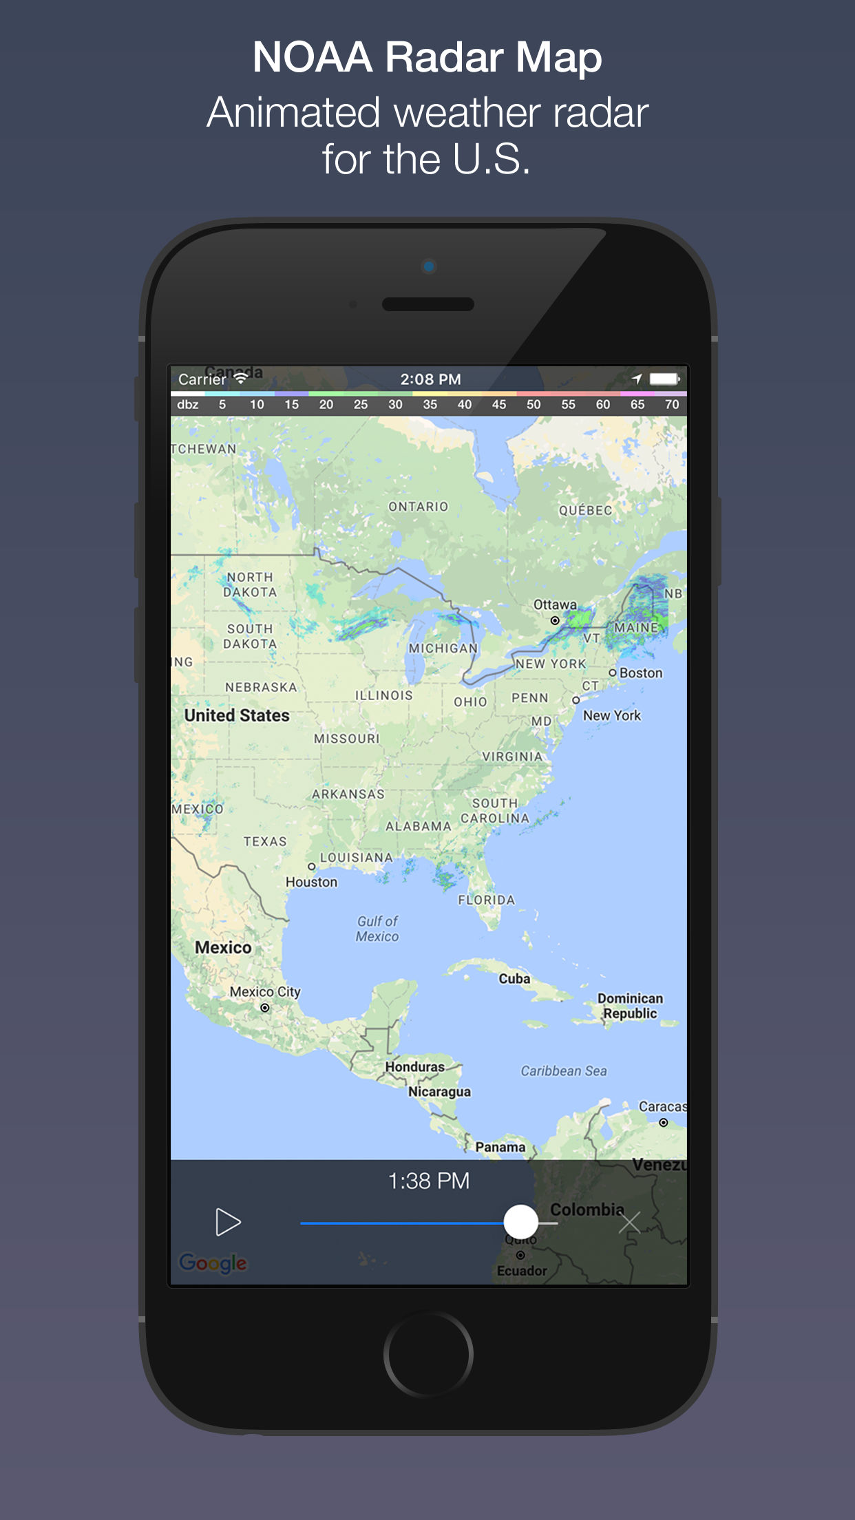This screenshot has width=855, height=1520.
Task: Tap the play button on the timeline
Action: point(228,1222)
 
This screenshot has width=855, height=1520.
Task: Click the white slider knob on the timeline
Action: point(520,1222)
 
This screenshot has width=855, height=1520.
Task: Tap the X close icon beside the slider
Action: point(629,1223)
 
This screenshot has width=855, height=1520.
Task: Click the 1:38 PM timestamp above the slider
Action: point(428,1181)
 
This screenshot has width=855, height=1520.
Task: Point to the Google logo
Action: point(213,1263)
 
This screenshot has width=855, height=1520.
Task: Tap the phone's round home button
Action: point(428,1354)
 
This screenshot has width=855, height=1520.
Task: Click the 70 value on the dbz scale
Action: point(672,405)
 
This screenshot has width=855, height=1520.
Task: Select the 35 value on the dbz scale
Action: point(430,405)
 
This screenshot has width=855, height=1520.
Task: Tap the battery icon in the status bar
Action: point(664,379)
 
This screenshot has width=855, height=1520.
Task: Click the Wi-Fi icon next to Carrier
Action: point(240,378)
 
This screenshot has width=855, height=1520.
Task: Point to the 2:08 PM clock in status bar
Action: point(430,379)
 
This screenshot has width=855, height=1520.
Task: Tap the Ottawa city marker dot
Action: point(555,620)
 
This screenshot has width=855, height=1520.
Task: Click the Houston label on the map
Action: point(312,882)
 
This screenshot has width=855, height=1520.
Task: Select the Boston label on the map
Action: point(640,673)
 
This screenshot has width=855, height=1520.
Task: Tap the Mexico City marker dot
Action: point(265,1008)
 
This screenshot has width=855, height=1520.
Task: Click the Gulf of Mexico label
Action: point(377,929)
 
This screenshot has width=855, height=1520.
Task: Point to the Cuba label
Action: point(514,978)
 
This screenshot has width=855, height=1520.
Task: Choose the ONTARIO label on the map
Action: point(418,507)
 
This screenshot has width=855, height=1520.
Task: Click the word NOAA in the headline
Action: point(313,56)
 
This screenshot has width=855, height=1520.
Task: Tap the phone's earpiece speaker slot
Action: point(428,304)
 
